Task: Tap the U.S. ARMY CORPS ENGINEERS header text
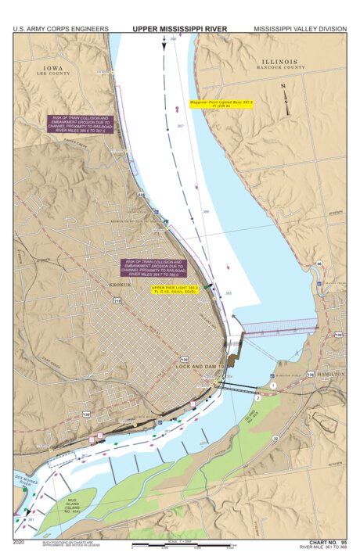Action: [60, 29]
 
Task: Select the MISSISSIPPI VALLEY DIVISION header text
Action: [300, 29]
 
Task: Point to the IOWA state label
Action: [54, 67]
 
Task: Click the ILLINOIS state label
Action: [279, 62]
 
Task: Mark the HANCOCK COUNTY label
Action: [279, 68]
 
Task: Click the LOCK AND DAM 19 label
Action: [200, 366]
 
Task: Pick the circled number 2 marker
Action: [257, 398]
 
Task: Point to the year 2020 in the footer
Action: [19, 541]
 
